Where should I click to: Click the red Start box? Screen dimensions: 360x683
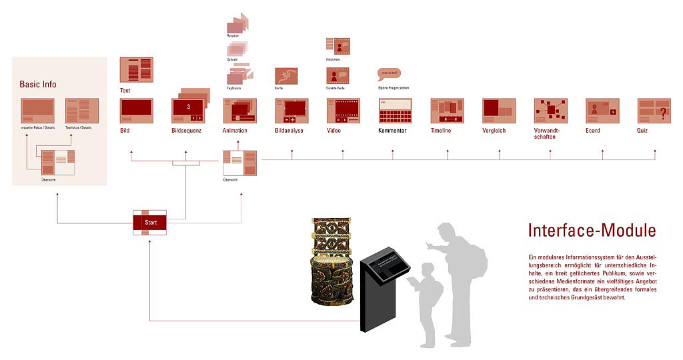point(149,222)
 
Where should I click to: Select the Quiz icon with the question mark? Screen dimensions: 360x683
point(654,111)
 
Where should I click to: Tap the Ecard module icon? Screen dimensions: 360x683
point(602,111)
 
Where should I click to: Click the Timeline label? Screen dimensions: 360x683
point(440,131)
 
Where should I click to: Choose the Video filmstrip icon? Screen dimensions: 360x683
point(343,111)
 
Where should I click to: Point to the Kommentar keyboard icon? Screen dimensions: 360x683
point(395,111)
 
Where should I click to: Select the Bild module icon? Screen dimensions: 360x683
point(136,111)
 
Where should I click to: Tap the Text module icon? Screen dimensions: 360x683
point(136,70)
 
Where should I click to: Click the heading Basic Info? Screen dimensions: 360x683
point(38,85)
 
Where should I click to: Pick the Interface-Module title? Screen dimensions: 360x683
point(592,231)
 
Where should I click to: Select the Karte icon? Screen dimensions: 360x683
point(286,75)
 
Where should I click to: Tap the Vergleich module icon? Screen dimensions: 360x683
point(498,111)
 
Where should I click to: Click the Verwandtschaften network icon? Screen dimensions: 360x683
point(550,111)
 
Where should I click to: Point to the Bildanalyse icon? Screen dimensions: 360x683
point(291,111)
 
